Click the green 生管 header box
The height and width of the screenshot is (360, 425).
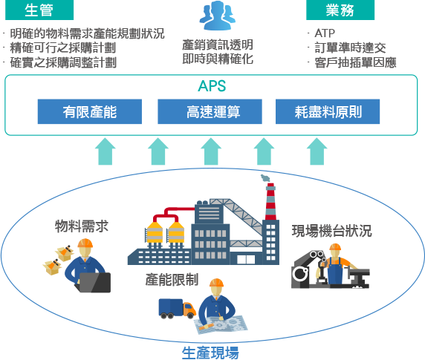39,10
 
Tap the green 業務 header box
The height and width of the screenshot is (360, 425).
340,10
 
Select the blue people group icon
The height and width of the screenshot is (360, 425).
218,15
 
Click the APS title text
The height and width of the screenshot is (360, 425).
212,86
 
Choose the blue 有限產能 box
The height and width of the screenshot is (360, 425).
90,111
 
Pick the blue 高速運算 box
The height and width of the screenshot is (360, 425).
210,111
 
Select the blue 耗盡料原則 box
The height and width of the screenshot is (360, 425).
328,111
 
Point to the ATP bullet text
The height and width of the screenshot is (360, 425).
325,33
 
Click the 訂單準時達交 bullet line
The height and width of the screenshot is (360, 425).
350,48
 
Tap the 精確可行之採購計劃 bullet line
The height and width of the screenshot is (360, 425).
63,48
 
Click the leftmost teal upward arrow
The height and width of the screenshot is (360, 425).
106,151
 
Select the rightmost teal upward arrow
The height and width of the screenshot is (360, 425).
317,151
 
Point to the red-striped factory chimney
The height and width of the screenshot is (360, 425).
270,202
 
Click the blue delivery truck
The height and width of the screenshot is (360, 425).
178,308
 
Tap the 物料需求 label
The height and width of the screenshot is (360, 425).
82,226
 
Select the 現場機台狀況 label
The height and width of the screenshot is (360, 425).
331,231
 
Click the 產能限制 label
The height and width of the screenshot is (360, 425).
172,280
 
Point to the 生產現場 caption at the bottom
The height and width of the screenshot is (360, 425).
210,353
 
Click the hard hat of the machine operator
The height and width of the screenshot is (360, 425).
335,247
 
